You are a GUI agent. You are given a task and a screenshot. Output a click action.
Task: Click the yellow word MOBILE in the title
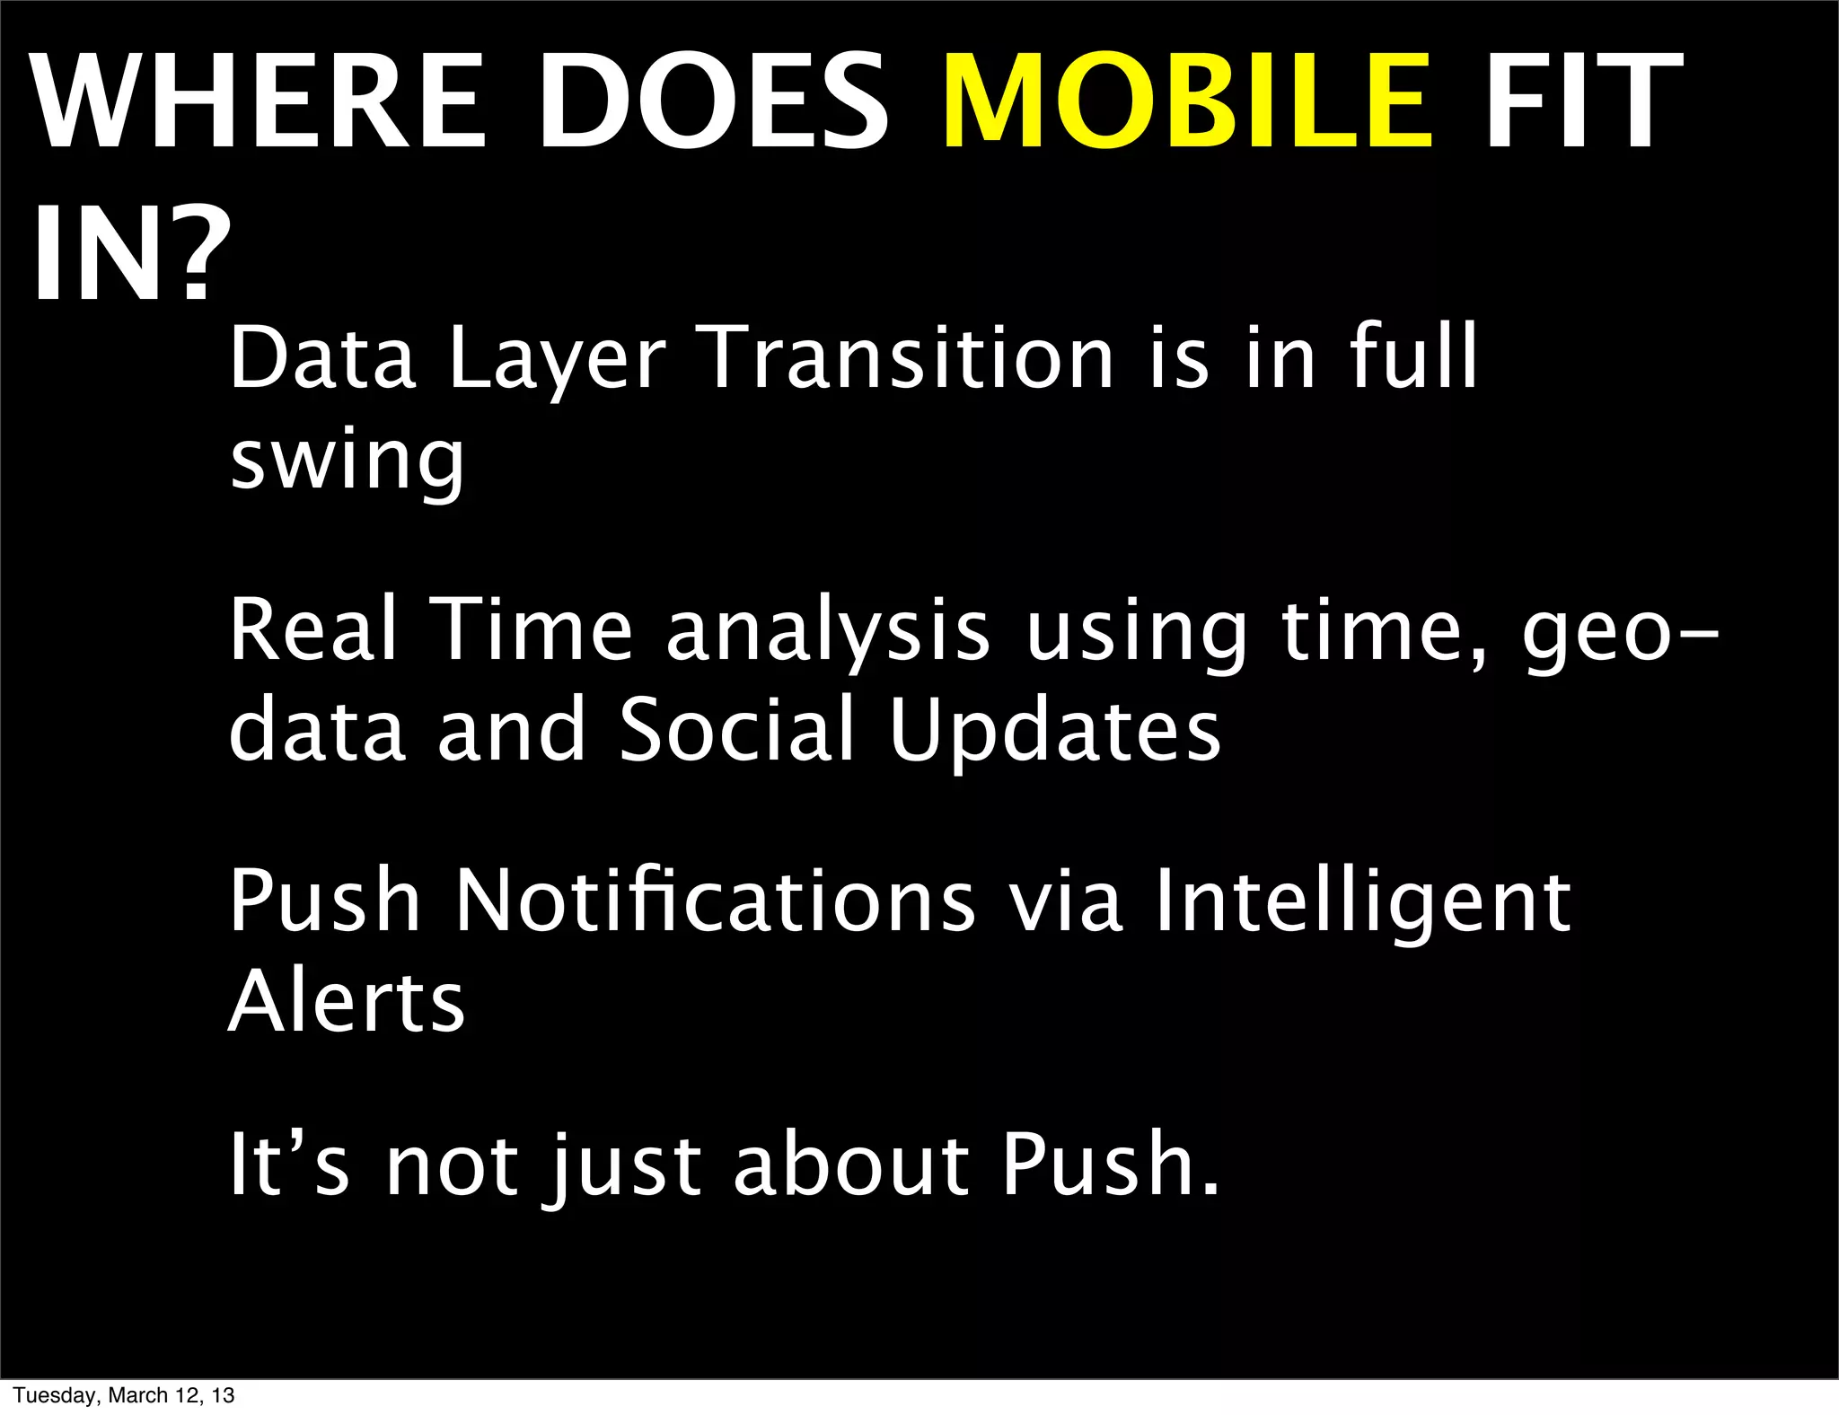tap(1187, 101)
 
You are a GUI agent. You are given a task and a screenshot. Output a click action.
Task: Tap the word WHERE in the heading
tap(260, 101)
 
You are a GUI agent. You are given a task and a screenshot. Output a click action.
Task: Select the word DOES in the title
tap(712, 101)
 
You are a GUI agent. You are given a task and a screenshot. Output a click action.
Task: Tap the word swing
tap(347, 461)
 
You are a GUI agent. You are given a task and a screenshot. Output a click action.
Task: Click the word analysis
tap(828, 633)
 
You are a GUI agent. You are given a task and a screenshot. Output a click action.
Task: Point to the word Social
tap(736, 730)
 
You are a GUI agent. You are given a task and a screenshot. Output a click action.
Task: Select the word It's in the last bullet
tap(288, 1165)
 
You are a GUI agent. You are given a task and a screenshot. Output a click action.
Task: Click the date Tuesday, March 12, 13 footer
tap(124, 1395)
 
